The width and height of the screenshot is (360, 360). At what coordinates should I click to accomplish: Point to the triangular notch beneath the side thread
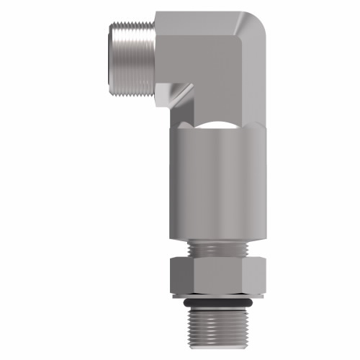(x=179, y=93)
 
